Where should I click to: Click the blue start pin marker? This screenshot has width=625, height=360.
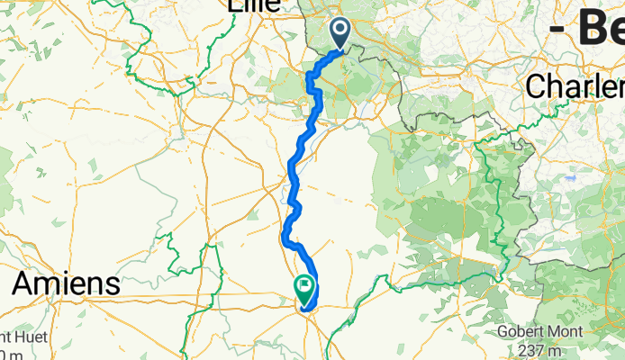[x=341, y=34]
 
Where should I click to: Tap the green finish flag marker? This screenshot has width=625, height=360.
[x=305, y=289]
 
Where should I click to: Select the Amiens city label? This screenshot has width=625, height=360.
[x=66, y=284]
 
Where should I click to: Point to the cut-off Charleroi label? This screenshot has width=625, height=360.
[x=575, y=87]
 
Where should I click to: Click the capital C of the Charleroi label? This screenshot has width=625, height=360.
[x=535, y=87]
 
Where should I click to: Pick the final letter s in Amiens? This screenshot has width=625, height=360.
[x=113, y=286]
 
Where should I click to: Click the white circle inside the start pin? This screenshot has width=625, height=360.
[x=341, y=30]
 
